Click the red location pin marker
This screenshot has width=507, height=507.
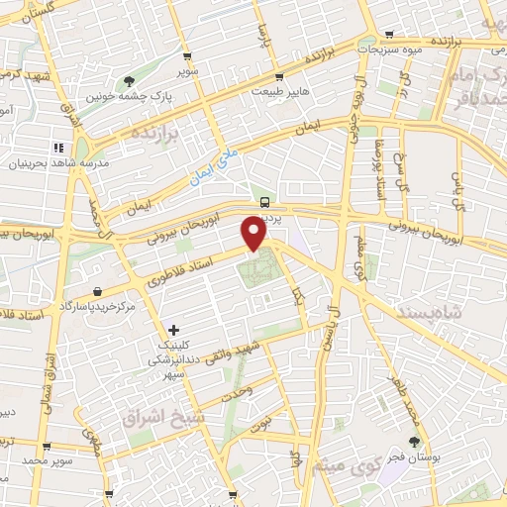pos(254,234)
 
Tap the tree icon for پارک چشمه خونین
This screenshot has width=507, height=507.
pos(129,81)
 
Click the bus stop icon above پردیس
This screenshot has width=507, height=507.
pos(264,201)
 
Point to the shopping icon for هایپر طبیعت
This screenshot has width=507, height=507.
pos(281,76)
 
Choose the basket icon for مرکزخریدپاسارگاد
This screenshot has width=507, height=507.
pos(99,291)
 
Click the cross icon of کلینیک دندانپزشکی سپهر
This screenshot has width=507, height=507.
pos(174,329)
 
